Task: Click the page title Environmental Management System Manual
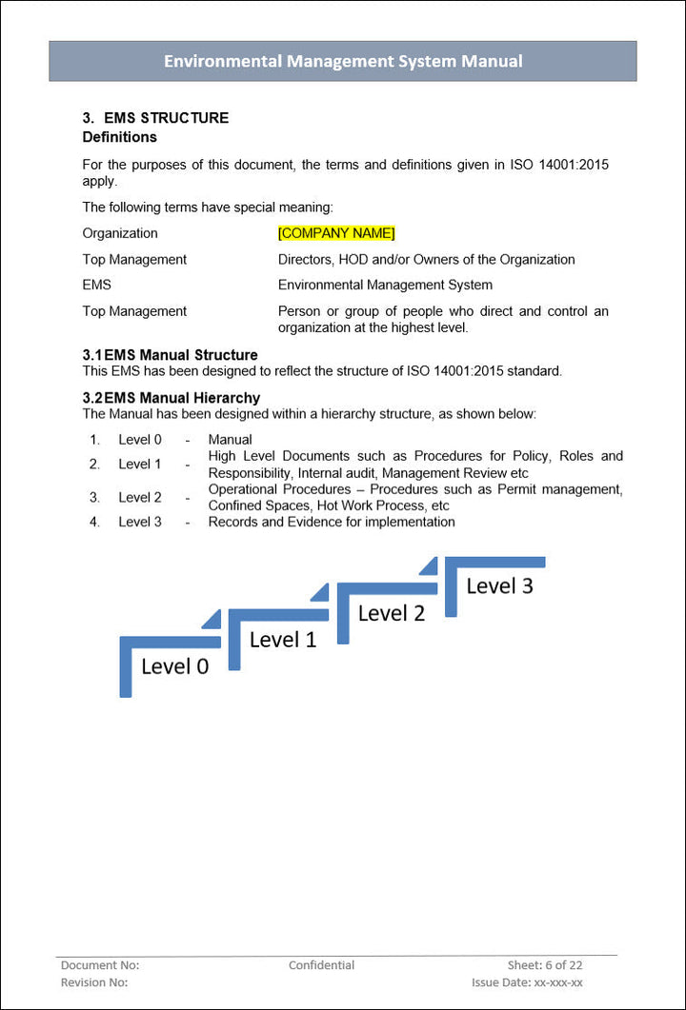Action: (x=343, y=61)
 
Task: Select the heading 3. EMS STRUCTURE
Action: (x=155, y=118)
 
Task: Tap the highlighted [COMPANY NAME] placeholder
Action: (x=335, y=233)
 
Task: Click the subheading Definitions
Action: (x=119, y=137)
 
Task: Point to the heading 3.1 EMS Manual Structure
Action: (x=170, y=355)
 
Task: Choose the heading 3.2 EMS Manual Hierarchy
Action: (x=171, y=398)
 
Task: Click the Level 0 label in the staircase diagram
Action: (x=174, y=666)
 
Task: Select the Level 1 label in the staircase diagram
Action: (x=283, y=640)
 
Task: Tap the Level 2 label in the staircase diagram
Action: (x=391, y=613)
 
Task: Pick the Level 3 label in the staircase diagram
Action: (x=499, y=586)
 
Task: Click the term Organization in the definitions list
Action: (x=120, y=233)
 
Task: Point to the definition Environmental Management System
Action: (x=385, y=285)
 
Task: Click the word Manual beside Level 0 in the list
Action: (x=230, y=440)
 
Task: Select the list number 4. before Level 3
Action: (x=94, y=522)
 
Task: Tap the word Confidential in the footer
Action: (x=321, y=965)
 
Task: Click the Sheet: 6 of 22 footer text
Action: (x=545, y=965)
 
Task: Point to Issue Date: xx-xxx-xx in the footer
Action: (x=527, y=982)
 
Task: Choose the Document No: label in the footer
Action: (x=100, y=965)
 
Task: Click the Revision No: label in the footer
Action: (x=94, y=982)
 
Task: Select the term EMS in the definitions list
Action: (x=96, y=285)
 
